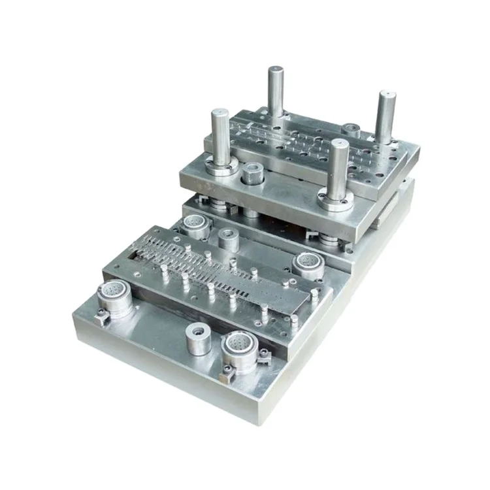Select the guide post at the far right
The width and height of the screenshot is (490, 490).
[x=385, y=118]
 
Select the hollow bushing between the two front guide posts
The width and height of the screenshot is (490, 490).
[x=252, y=174]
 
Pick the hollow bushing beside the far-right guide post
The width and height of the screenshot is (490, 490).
[x=352, y=130]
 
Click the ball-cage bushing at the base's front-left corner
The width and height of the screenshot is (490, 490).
[x=115, y=301]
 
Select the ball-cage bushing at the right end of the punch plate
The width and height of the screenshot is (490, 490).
[x=308, y=265]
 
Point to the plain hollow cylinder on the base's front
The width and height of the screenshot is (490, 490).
[x=198, y=338]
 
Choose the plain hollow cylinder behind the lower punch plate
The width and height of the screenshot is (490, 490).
[x=228, y=239]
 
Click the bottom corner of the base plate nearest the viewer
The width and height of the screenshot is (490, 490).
[x=250, y=418]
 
